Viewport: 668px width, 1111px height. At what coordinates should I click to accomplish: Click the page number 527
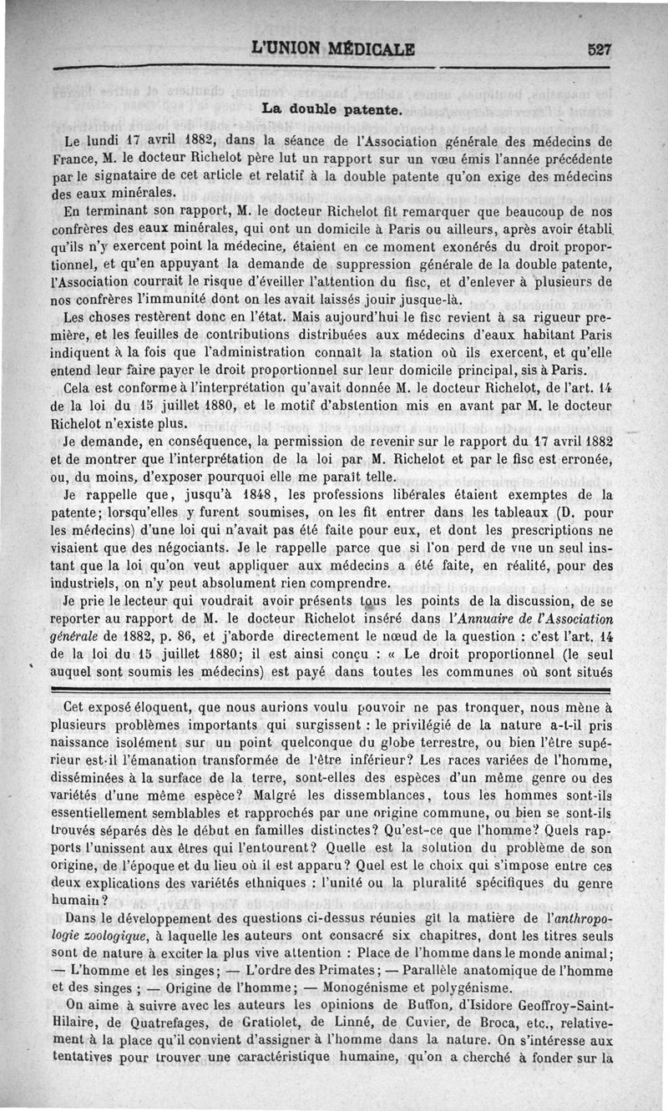point(600,48)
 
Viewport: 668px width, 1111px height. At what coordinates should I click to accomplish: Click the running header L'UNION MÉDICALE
point(333,48)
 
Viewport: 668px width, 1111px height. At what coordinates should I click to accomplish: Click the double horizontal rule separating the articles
point(333,689)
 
